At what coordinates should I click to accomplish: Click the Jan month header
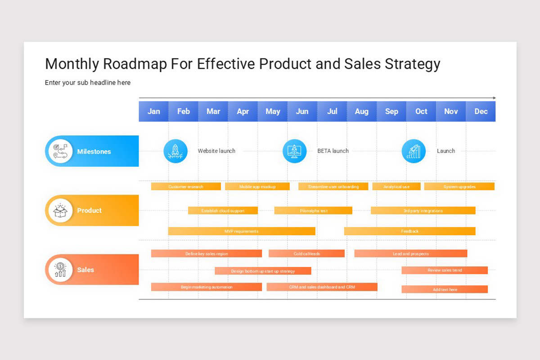click(153, 111)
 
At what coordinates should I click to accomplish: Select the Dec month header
click(481, 111)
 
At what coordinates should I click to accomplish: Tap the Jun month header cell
click(302, 111)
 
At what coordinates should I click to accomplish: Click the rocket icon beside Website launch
click(175, 151)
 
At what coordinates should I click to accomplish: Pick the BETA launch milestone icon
click(294, 151)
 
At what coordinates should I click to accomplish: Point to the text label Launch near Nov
click(445, 151)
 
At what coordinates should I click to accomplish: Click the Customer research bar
click(186, 186)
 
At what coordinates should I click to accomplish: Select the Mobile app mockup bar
click(257, 186)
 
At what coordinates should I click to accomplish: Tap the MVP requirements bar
click(242, 231)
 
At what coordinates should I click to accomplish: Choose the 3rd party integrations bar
click(423, 211)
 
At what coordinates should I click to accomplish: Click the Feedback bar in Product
click(409, 231)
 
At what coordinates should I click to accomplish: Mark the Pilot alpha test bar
click(313, 211)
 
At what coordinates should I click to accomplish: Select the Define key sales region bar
click(206, 254)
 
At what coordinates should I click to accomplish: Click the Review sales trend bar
click(445, 270)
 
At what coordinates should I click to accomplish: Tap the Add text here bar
click(445, 289)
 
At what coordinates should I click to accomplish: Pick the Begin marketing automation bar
click(206, 287)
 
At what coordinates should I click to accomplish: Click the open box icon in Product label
click(60, 210)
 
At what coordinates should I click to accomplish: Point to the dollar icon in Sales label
click(60, 270)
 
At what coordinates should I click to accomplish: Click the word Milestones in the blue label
click(94, 152)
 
